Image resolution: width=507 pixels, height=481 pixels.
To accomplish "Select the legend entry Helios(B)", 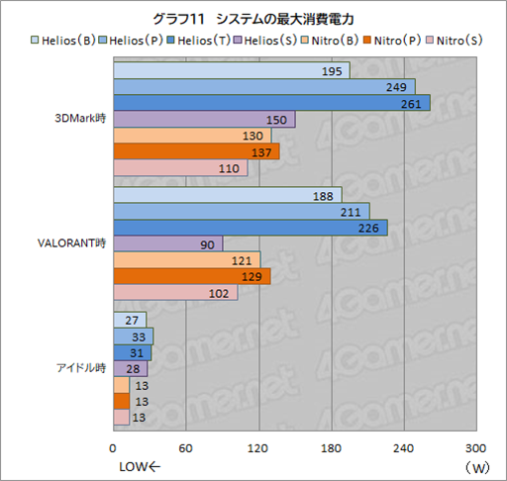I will click(68, 41).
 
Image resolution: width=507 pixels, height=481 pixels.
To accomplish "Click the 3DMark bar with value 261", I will click(272, 103).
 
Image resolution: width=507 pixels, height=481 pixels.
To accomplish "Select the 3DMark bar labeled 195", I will click(232, 71).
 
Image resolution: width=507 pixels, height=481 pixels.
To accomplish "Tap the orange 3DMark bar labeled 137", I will click(197, 150).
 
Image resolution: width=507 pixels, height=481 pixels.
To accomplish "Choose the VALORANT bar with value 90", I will click(169, 243).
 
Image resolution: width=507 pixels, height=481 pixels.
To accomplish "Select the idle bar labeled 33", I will click(134, 337).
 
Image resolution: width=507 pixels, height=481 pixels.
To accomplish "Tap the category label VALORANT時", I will click(78, 243).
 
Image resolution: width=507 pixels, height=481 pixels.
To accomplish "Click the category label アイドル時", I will click(81, 368).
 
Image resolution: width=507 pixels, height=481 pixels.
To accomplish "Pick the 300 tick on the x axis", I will click(475, 448).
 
